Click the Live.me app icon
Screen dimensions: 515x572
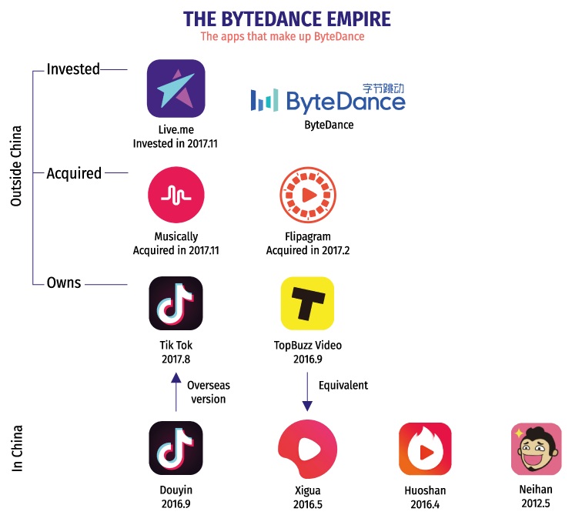pos(176,89)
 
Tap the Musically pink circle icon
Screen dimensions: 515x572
pos(176,196)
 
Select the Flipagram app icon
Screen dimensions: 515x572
pos(306,196)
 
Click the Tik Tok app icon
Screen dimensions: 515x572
pos(176,304)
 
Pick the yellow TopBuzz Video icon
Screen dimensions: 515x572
pos(306,304)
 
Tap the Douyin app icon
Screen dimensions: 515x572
pos(176,448)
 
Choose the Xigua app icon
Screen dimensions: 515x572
pos(306,449)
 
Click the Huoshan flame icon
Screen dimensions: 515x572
pos(425,449)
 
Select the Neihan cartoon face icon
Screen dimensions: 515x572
pos(537,449)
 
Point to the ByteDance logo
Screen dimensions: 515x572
pos(328,100)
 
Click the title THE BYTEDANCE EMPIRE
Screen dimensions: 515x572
pos(286,18)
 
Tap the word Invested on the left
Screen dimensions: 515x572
pos(73,69)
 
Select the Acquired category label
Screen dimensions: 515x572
pos(74,173)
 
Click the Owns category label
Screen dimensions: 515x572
pos(65,283)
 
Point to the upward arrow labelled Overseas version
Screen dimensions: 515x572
pos(176,393)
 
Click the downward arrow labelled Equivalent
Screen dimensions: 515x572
pos(306,393)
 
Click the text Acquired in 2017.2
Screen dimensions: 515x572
pos(306,250)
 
